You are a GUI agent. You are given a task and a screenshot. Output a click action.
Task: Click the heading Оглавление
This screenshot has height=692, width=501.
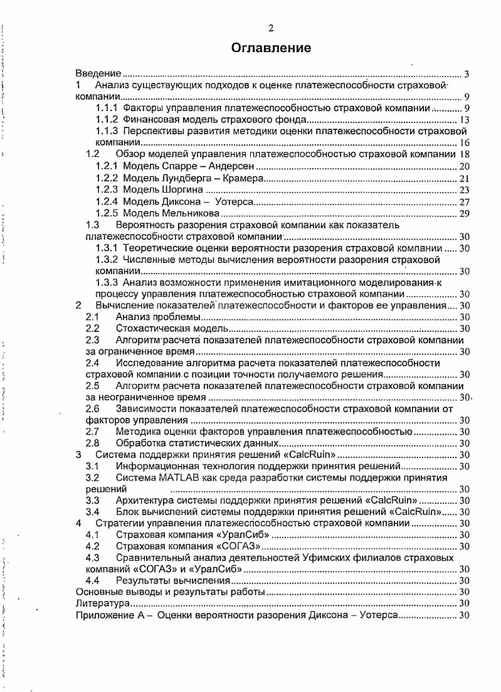click(x=271, y=48)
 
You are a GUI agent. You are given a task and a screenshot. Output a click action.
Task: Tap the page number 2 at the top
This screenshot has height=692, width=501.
click(x=271, y=28)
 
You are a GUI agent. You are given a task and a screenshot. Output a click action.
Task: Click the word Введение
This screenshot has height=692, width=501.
click(x=98, y=74)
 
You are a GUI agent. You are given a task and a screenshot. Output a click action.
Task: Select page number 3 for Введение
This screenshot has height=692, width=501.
click(x=467, y=74)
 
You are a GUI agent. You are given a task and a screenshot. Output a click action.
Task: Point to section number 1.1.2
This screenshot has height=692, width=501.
click(x=107, y=120)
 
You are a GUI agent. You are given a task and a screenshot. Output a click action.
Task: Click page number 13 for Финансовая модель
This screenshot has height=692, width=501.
click(x=465, y=120)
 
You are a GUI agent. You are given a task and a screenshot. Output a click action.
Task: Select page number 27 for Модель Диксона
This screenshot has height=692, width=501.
click(x=465, y=201)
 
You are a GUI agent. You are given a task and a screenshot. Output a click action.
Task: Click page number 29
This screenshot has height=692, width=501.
click(x=465, y=213)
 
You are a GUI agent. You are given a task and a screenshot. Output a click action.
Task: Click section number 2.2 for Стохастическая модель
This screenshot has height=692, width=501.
click(x=93, y=328)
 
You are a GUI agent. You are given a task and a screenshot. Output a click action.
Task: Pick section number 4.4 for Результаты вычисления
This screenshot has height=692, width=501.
click(x=93, y=580)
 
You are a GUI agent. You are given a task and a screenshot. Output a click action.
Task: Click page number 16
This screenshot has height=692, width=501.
click(x=465, y=143)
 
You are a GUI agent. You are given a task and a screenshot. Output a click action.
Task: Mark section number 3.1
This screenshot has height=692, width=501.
click(x=93, y=466)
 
